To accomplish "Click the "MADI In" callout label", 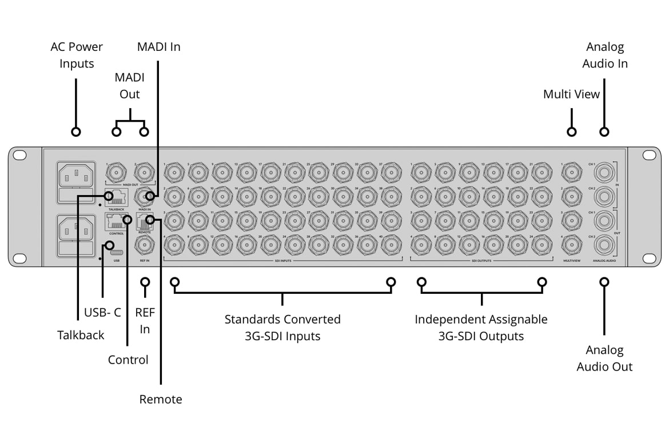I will click(158, 47).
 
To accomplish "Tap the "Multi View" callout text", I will click(571, 94).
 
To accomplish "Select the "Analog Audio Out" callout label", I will click(604, 359).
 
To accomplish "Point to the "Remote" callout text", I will click(161, 399).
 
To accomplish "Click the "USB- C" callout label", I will click(102, 312).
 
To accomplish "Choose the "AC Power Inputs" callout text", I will click(77, 55).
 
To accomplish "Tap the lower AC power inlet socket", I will click(76, 230).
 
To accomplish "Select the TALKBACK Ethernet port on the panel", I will click(117, 197).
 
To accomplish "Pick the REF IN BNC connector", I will click(144, 245).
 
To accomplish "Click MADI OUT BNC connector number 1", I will click(117, 171).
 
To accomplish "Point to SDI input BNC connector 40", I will click(391, 245).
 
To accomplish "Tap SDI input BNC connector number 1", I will click(174, 171).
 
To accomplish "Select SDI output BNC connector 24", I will click(541, 245).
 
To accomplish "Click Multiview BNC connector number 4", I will click(571, 245).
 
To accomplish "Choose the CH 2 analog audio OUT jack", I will click(604, 245).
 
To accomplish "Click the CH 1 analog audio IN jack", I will click(604, 171).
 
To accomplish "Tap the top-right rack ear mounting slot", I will click(648, 155).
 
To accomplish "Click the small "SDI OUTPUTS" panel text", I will click(481, 261).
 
